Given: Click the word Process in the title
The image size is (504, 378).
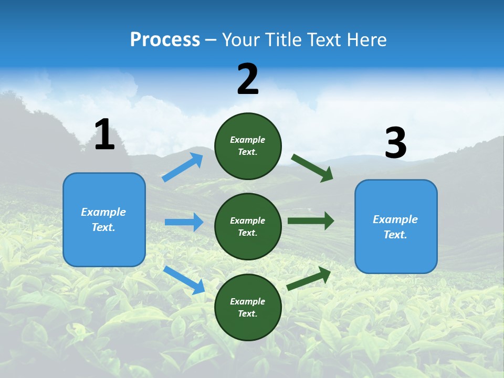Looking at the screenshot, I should tap(165, 40).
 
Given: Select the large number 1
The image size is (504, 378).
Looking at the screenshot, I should tap(104, 135).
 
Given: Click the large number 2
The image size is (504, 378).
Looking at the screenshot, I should tap(248, 79).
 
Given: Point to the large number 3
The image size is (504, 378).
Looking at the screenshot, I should tap(395, 143).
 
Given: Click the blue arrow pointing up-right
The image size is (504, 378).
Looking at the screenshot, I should tap(183, 167).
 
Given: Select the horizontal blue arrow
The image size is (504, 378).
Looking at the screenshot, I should tap(184, 222).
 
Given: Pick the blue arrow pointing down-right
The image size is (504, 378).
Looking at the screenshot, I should tap(184, 280).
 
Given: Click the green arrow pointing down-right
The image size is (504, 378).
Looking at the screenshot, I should tap(312, 168).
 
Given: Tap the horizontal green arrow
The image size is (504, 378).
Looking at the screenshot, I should tap(310, 221).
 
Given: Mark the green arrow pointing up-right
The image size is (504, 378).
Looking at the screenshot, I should tap(309, 279).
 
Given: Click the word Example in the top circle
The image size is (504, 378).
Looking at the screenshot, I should tap(248, 140).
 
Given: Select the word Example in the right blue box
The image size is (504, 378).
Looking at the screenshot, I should tap(395, 219).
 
